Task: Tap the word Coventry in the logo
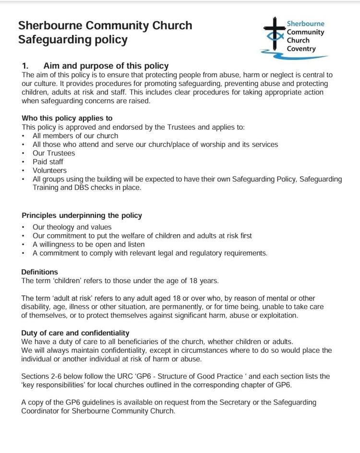tap(301, 49)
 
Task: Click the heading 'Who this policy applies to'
tap(67, 118)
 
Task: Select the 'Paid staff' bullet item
tap(48, 162)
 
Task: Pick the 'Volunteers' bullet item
tap(49, 170)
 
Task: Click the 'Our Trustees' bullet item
tap(54, 153)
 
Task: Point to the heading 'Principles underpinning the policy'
tap(82, 215)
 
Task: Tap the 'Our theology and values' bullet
tap(72, 227)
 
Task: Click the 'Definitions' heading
tap(39, 272)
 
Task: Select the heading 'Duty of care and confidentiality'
tap(75, 333)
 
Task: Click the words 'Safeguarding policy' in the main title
tap(73, 40)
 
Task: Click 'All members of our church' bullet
tap(75, 136)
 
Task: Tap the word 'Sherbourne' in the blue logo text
tap(305, 24)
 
